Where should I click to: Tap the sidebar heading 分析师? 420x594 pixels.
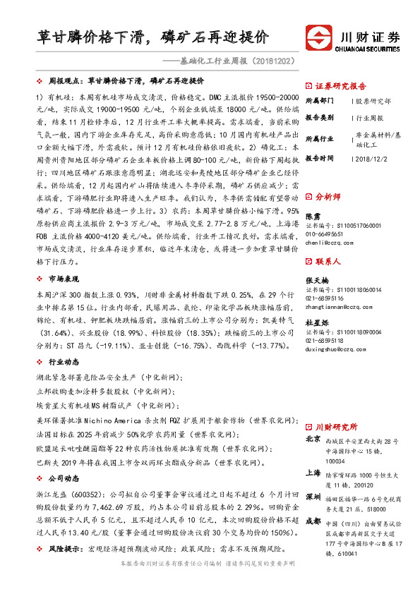pyautogui.click(x=328, y=197)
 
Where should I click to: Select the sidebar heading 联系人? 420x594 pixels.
pyautogui.click(x=328, y=261)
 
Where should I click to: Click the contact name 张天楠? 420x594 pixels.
pyautogui.click(x=316, y=281)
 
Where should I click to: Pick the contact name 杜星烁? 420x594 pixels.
pyautogui.click(x=316, y=322)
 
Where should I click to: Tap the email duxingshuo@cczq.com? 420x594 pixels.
pyautogui.click(x=334, y=348)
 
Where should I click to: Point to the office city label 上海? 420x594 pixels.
pyautogui.click(x=312, y=473)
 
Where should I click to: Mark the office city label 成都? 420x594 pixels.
pyautogui.click(x=312, y=521)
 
